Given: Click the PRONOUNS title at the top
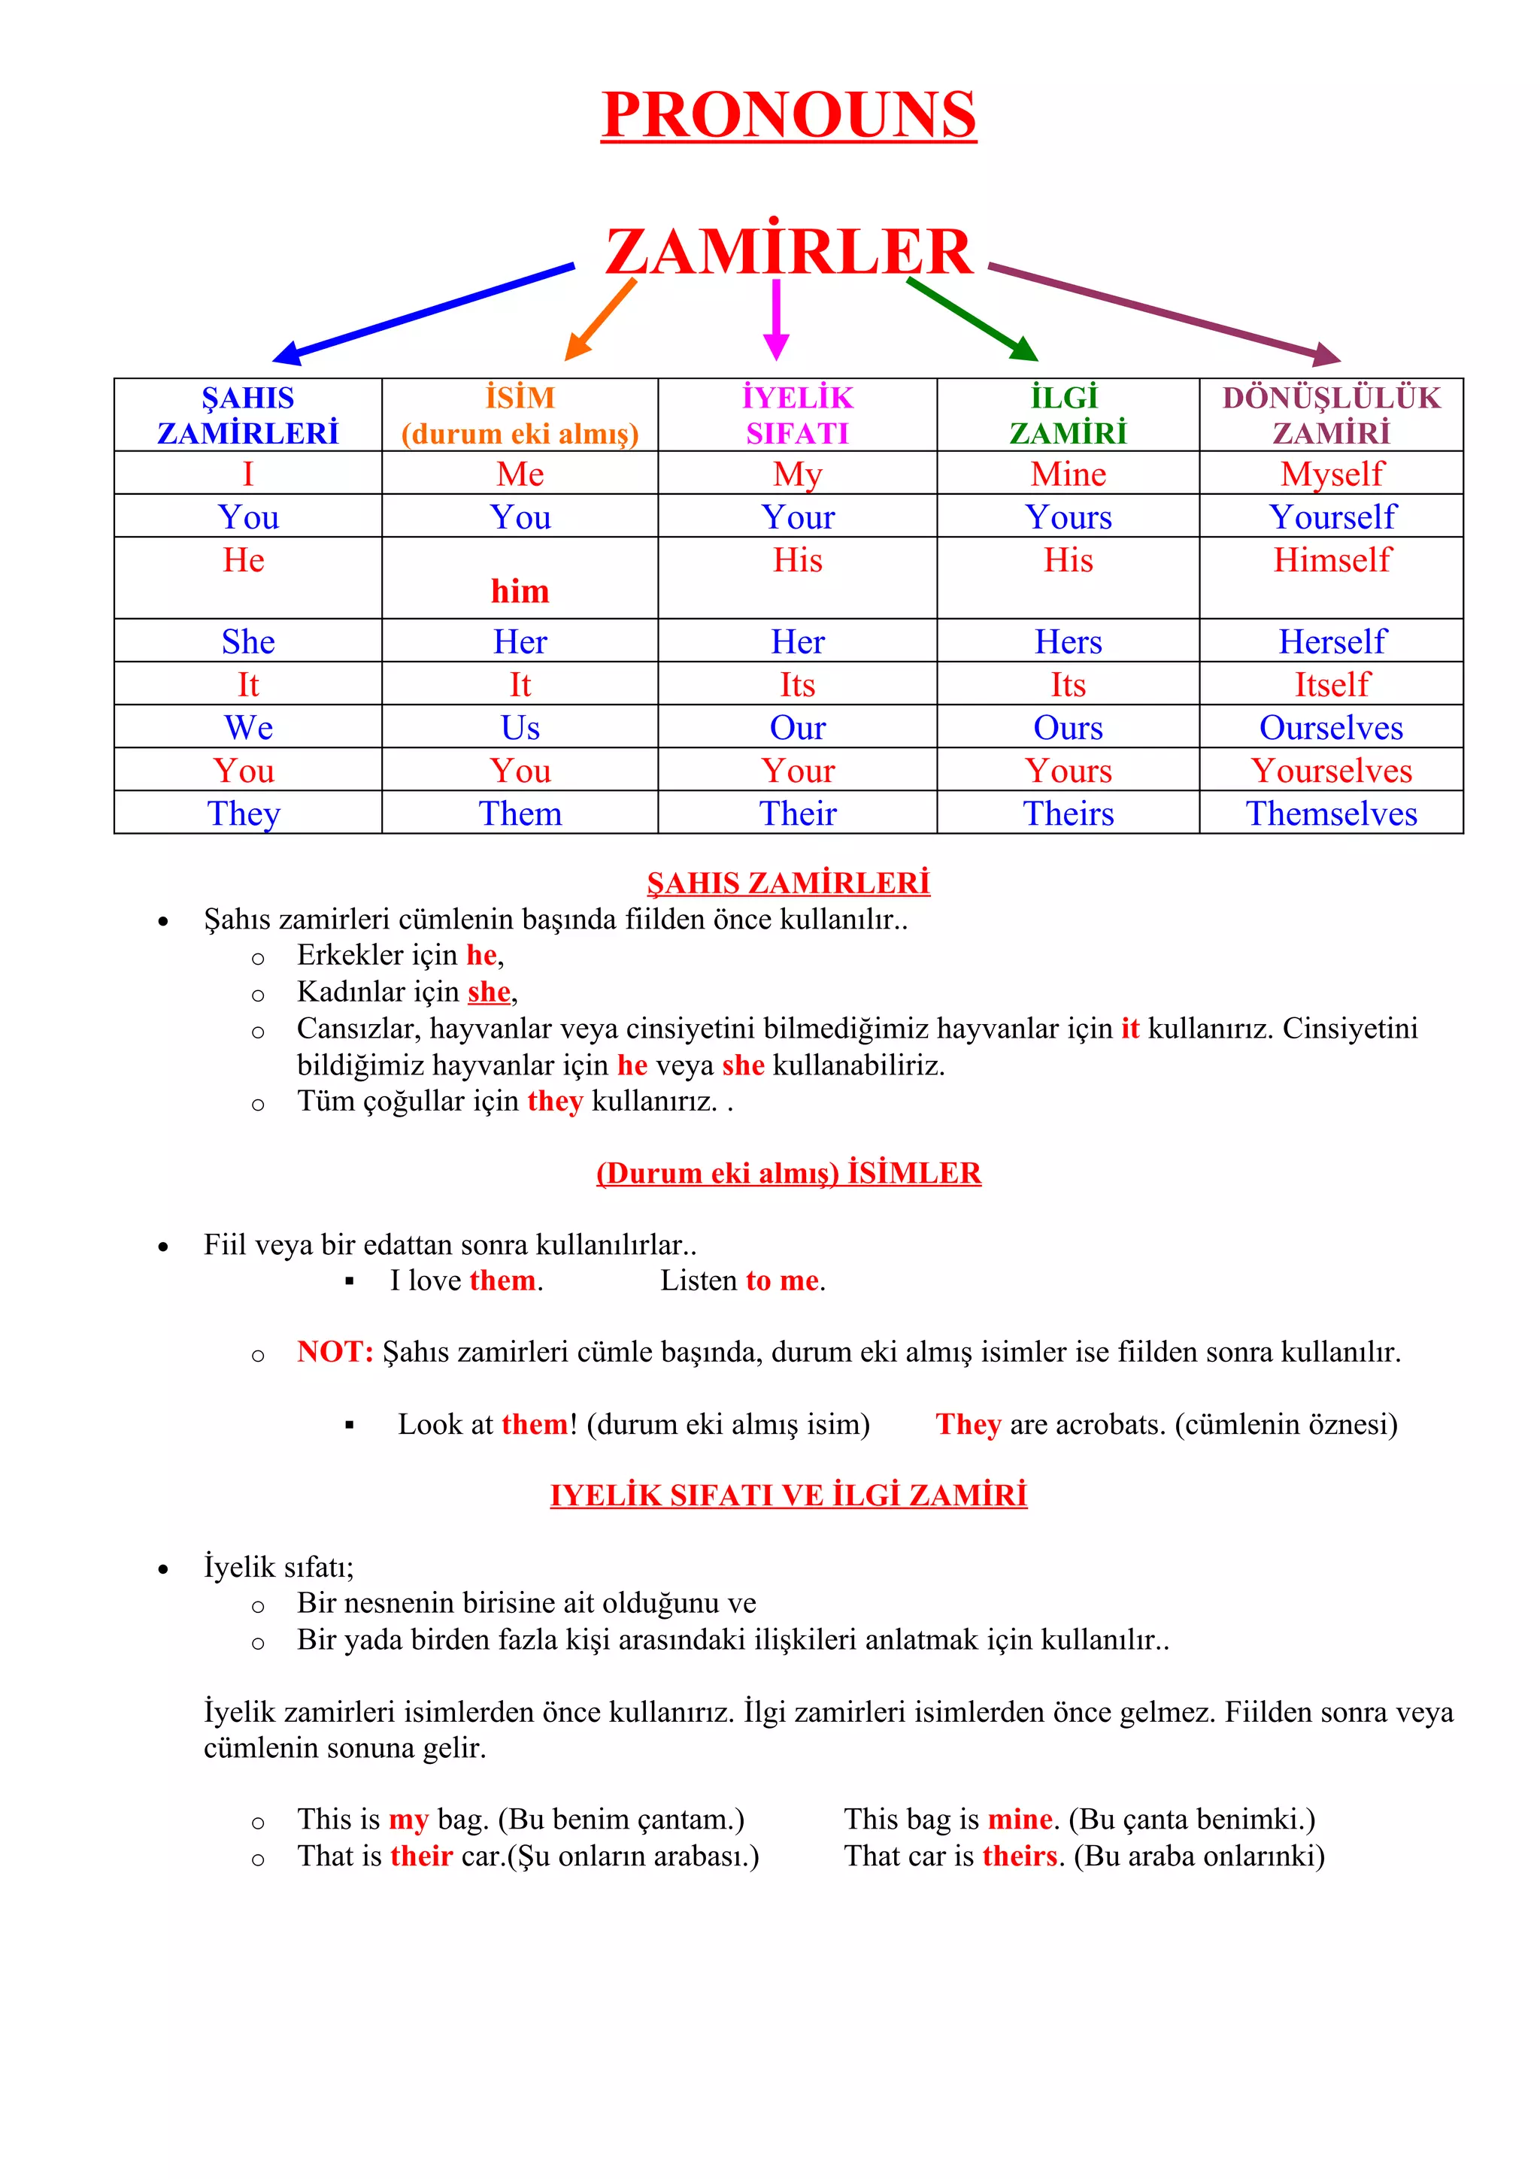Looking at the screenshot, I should point(789,115).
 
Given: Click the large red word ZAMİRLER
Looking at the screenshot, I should point(789,253).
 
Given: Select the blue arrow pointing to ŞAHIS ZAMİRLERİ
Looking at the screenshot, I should point(423,314).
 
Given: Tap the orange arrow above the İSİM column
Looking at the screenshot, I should point(599,320).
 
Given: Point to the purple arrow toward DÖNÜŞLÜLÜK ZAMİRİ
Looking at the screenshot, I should point(1164,312).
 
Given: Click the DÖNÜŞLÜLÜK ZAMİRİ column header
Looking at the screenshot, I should point(1330,415).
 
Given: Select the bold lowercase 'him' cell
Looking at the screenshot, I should point(520,591).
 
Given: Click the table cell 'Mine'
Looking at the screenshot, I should point(1069,474).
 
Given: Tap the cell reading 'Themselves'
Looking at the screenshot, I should point(1331,814).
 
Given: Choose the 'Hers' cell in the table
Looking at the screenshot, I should point(1069,641).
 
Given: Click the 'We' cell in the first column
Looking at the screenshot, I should point(249,728).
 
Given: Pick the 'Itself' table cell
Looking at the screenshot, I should point(1331,684).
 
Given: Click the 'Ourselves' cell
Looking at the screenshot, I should point(1331,728).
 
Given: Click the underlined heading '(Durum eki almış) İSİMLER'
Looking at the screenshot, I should point(789,1173).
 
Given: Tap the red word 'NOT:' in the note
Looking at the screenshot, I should point(334,1351).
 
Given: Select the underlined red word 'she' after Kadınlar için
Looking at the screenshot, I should point(489,992).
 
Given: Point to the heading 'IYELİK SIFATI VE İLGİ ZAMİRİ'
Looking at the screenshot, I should point(789,1495).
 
